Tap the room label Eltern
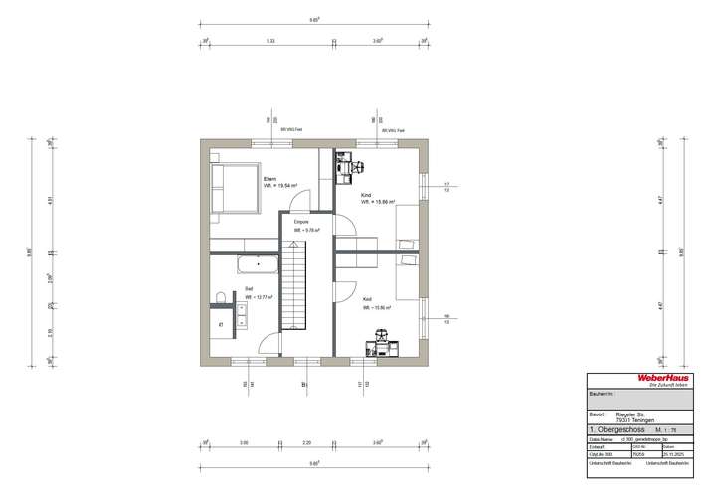tap(268, 179)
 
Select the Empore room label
tap(300, 221)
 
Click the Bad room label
tap(249, 289)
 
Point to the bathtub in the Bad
tap(258, 264)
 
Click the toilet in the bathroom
tap(218, 299)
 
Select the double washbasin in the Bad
tap(240, 314)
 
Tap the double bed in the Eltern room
tap(233, 188)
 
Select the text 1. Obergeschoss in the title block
tap(617, 430)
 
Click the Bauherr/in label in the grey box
tap(601, 395)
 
